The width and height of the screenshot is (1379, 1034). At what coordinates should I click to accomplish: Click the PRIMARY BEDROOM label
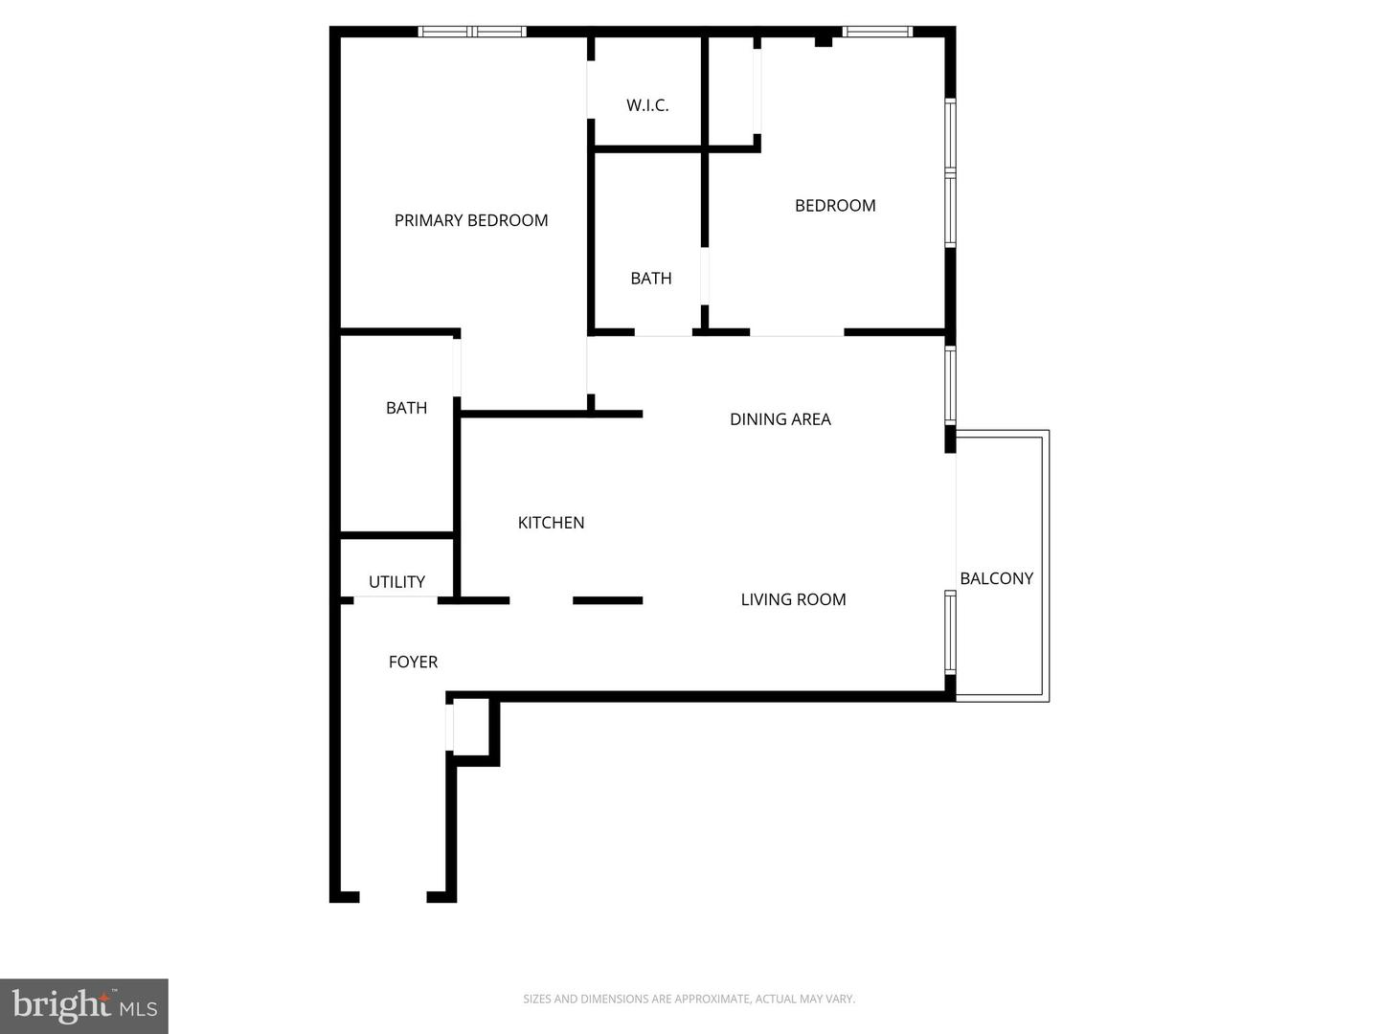click(471, 220)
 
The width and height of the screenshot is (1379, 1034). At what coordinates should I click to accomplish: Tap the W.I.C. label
click(647, 105)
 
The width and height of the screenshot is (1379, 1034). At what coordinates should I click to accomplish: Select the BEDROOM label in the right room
click(835, 205)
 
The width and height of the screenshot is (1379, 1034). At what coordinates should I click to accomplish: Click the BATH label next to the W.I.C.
click(651, 279)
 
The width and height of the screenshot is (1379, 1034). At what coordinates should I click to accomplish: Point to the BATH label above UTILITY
click(406, 408)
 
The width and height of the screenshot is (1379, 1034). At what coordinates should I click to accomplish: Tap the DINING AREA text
click(780, 419)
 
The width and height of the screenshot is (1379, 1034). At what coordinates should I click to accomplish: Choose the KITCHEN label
click(551, 523)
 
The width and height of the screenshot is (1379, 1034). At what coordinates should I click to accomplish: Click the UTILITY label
click(396, 582)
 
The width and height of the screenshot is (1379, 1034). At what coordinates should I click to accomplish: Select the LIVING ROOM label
click(793, 600)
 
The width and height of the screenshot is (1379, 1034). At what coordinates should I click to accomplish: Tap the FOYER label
click(413, 663)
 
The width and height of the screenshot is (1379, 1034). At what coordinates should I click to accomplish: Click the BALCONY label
click(996, 578)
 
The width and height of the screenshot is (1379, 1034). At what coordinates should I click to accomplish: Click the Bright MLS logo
click(84, 1005)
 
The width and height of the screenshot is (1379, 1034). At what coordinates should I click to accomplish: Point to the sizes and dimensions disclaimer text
click(689, 999)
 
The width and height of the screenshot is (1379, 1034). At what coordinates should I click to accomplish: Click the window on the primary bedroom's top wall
click(473, 32)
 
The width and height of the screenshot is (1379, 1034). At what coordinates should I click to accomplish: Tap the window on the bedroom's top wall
click(877, 32)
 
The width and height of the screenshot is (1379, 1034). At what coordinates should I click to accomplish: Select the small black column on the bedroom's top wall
click(823, 40)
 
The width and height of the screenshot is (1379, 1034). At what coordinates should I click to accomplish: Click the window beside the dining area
click(950, 385)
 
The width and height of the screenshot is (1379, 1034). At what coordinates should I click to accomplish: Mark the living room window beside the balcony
click(950, 632)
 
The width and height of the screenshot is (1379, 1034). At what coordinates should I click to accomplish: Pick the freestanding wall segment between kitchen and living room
click(607, 600)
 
